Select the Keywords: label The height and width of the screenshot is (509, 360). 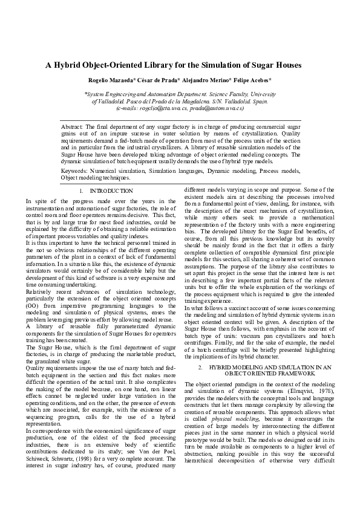click(x=75, y=171)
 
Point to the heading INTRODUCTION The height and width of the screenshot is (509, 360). click(x=115, y=191)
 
